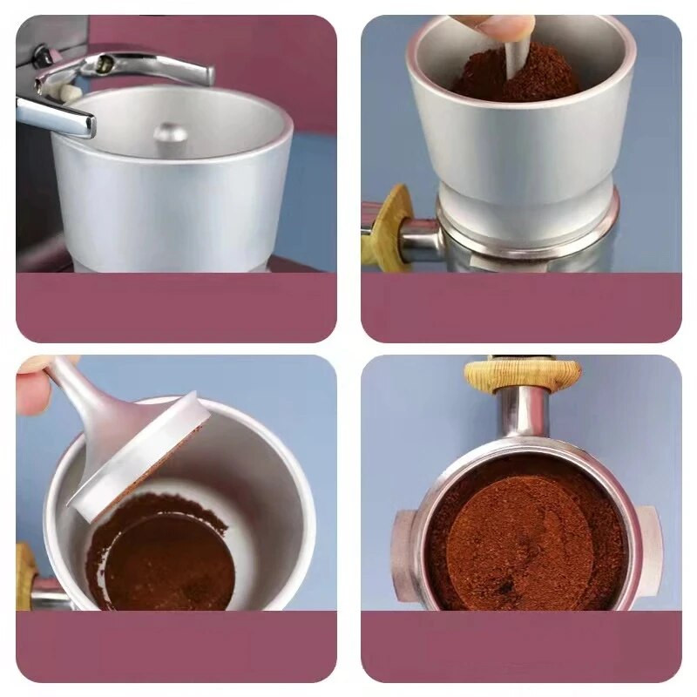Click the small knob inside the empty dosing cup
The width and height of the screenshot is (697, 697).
[170, 132]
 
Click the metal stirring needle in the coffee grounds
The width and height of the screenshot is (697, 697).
[514, 61]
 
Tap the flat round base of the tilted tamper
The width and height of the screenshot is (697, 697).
[139, 453]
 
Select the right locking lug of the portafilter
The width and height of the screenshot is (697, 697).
[650, 545]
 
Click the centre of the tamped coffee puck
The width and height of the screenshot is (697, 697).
[523, 536]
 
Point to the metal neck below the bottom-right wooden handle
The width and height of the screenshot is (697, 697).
[523, 414]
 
